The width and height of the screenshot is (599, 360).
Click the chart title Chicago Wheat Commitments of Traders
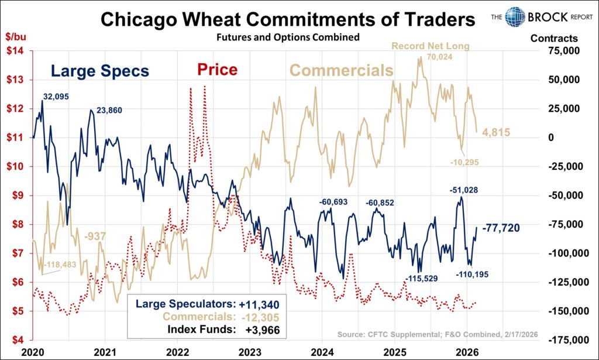[x=288, y=20]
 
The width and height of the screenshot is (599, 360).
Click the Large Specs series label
[x=99, y=71]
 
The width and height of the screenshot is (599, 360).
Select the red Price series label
[x=217, y=70]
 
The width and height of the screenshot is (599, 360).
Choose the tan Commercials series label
[x=341, y=71]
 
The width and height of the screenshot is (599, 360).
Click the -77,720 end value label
[x=501, y=227]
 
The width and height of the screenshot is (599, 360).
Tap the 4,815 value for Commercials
[x=496, y=133]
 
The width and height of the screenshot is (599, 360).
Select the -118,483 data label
[x=65, y=265]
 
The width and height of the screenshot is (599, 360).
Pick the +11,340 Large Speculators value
[x=259, y=304]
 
